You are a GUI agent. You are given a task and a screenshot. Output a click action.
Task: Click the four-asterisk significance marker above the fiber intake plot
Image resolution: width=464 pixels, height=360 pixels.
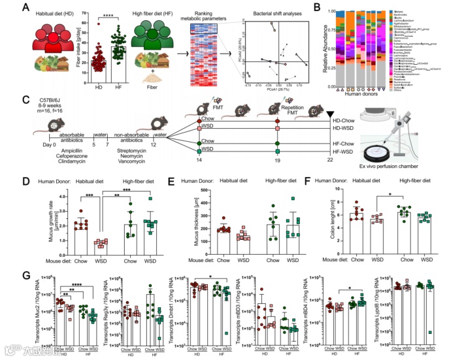pyautogui.click(x=111, y=13)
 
